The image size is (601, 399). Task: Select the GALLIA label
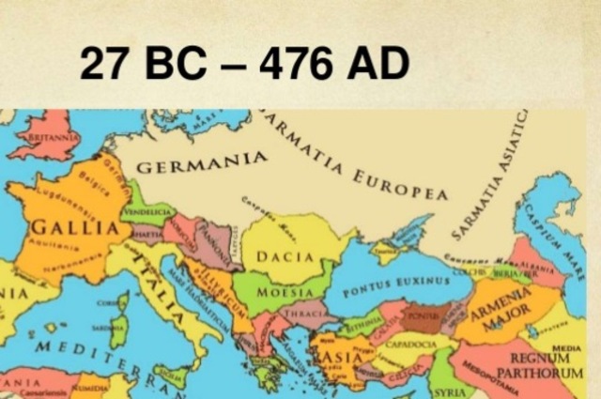coord(67,228)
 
